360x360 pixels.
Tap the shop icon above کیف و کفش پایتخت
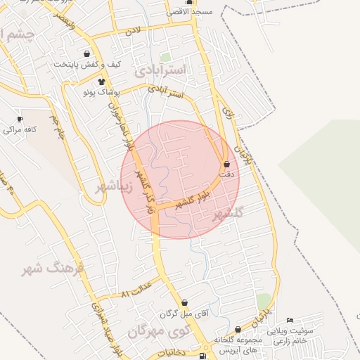86,54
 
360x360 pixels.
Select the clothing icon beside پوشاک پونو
112,82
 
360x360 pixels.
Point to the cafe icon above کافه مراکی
20,120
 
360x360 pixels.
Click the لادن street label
133,32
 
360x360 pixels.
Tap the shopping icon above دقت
226,164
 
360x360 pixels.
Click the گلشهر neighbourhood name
226,213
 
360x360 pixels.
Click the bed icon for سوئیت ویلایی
290,321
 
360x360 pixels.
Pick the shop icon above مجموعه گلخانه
238,329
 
